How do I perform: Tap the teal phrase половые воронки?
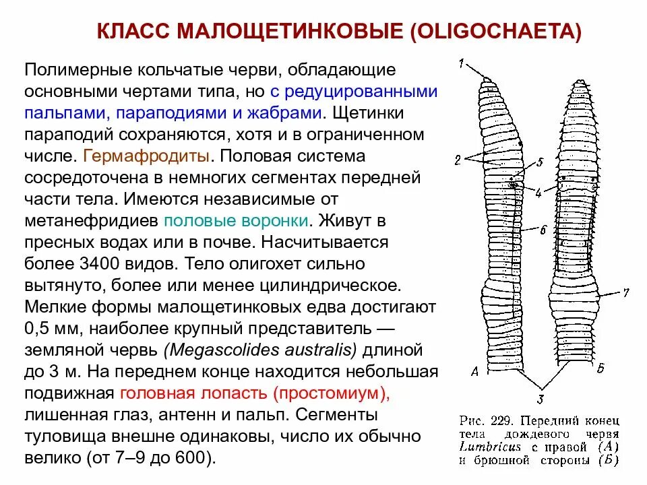(237, 220)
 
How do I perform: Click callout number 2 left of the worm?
(458, 160)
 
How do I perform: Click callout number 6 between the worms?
(543, 229)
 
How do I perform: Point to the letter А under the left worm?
(476, 370)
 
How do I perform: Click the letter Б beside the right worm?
(600, 368)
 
